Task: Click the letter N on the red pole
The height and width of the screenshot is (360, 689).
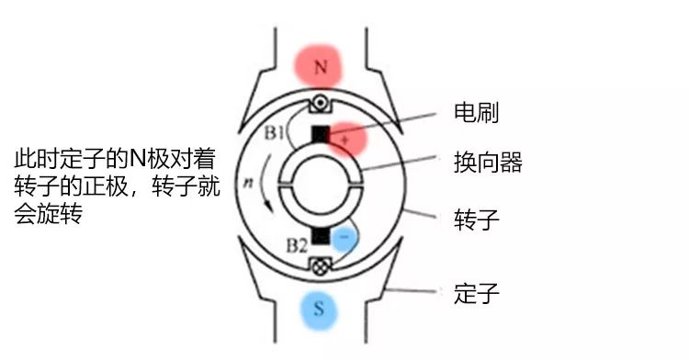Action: tap(321, 67)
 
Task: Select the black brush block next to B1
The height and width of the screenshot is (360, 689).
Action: tap(321, 134)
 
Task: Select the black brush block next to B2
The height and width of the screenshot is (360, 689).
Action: tap(320, 237)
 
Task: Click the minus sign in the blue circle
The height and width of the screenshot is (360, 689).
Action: tap(344, 236)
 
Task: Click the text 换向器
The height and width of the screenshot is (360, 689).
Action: tap(488, 163)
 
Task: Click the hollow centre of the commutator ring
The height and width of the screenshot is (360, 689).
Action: tap(321, 185)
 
